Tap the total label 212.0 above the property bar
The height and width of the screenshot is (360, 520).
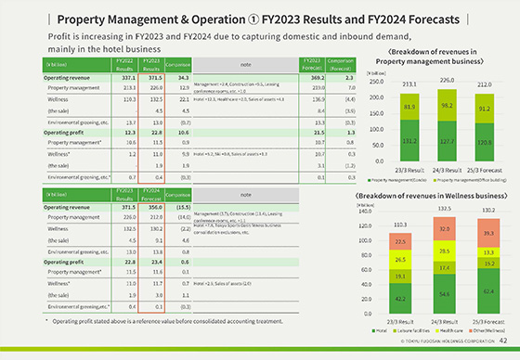pos(485,83)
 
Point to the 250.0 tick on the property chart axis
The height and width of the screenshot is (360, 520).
pos(353,81)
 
